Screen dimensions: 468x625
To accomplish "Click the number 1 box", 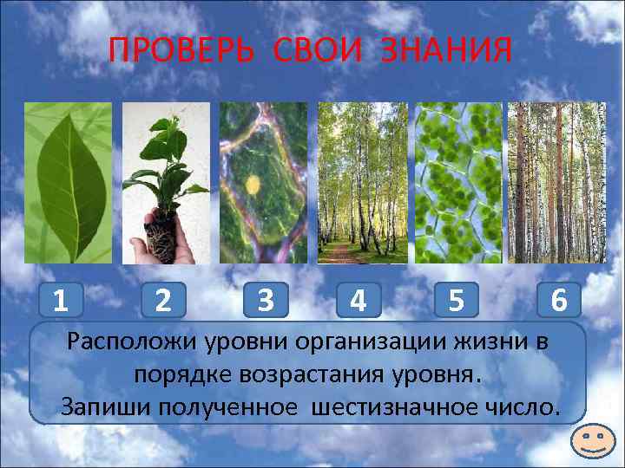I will tap(60, 300).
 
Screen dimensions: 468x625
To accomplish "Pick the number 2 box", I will tap(162, 300).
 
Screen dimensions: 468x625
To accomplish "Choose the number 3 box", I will tap(266, 300).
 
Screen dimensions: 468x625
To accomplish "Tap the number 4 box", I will tap(357, 300).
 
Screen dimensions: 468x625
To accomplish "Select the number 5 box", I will tap(456, 300).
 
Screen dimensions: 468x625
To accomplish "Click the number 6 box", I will tap(559, 300).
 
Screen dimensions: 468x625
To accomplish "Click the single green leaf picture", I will tap(67, 182).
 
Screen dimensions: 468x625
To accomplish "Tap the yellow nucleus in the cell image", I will tap(253, 184).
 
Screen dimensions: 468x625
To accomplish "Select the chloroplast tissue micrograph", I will tap(457, 182).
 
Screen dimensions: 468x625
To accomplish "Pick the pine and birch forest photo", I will tap(556, 182).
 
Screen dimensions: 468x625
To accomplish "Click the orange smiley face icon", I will tap(595, 442).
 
